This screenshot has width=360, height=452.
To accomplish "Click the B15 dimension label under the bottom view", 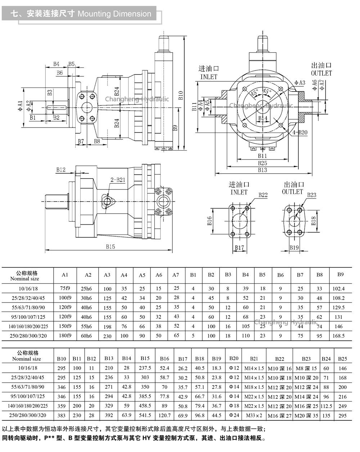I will coord(110,246).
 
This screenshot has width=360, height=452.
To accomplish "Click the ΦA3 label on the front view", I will coord(300,83).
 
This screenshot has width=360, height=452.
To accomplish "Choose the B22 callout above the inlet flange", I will coord(263,195).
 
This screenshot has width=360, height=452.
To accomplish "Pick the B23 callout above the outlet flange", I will coord(311,195).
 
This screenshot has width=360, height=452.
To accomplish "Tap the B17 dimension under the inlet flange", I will coord(239,248).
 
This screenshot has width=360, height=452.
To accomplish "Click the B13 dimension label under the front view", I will coord(262,170).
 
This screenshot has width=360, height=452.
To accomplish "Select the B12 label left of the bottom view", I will coord(61,170).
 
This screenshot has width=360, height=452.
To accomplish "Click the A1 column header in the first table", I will coord(65,275).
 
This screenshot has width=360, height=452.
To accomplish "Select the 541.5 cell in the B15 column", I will coord(145,415).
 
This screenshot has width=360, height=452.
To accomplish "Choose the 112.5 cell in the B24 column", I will coord(326,406).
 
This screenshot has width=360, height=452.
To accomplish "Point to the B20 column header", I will coord(234,358).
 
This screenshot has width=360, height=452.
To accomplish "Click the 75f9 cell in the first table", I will coord(65,288).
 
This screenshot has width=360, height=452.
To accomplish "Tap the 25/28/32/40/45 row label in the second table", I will coord(28,377).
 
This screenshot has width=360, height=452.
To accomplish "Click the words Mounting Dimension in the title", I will coord(114,14).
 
